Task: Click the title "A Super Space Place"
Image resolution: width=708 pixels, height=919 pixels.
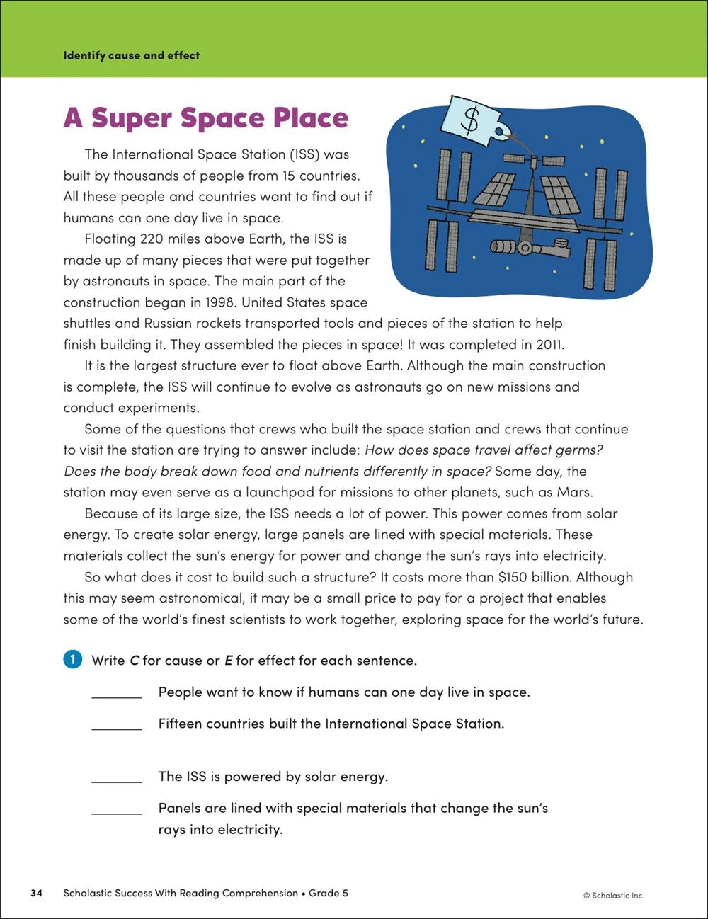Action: tap(206, 118)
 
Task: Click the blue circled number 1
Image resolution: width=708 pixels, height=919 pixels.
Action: tap(73, 660)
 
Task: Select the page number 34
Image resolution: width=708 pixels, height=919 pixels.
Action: tap(37, 893)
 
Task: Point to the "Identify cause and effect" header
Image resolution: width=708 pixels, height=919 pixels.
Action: tap(131, 55)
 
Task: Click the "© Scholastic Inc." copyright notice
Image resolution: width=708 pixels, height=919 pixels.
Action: tap(613, 895)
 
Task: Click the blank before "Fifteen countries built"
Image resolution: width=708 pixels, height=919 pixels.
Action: tap(117, 726)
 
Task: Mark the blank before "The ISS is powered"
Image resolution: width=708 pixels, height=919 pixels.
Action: tap(117, 779)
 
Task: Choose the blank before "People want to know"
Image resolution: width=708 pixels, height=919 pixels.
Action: tap(117, 694)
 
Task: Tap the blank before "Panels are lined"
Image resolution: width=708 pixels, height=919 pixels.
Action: tap(117, 810)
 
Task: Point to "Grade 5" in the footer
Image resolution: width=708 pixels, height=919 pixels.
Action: tap(329, 893)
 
